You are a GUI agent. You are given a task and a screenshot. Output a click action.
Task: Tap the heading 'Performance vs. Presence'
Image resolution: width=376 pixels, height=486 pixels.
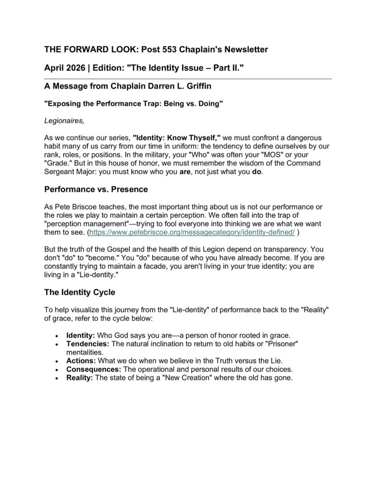click(96, 189)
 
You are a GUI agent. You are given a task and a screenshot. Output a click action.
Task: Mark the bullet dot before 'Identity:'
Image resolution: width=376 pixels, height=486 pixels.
click(57, 335)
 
